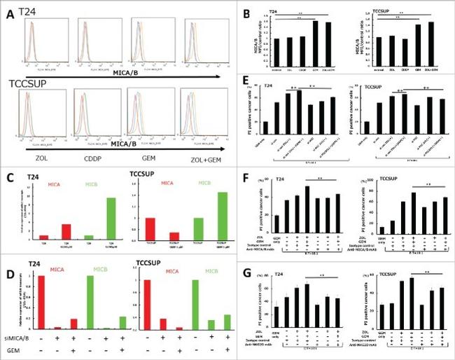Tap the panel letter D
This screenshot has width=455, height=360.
(8, 252)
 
